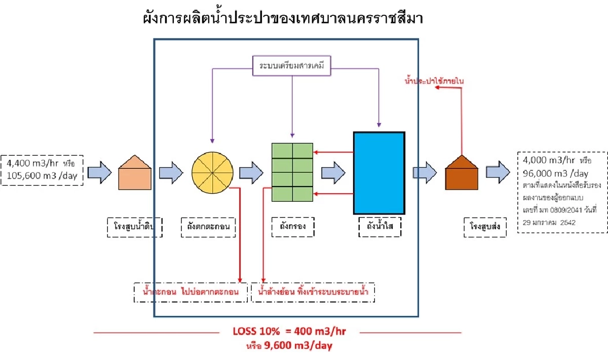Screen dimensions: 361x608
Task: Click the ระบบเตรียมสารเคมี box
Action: [x=291, y=66]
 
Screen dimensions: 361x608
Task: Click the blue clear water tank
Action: [x=379, y=173]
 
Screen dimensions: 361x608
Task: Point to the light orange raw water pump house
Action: [x=135, y=172]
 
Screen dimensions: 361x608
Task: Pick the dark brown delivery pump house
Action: [x=462, y=172]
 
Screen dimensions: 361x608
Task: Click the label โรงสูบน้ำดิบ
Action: [x=135, y=227]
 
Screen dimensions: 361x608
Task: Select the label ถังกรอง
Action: [x=292, y=227]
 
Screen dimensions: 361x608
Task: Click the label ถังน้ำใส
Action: [x=379, y=227]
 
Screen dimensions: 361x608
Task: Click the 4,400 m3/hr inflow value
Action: [x=32, y=164]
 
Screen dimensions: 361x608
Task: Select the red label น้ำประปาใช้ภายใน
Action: [x=435, y=80]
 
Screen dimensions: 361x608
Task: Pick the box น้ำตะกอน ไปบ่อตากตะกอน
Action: [x=192, y=292]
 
